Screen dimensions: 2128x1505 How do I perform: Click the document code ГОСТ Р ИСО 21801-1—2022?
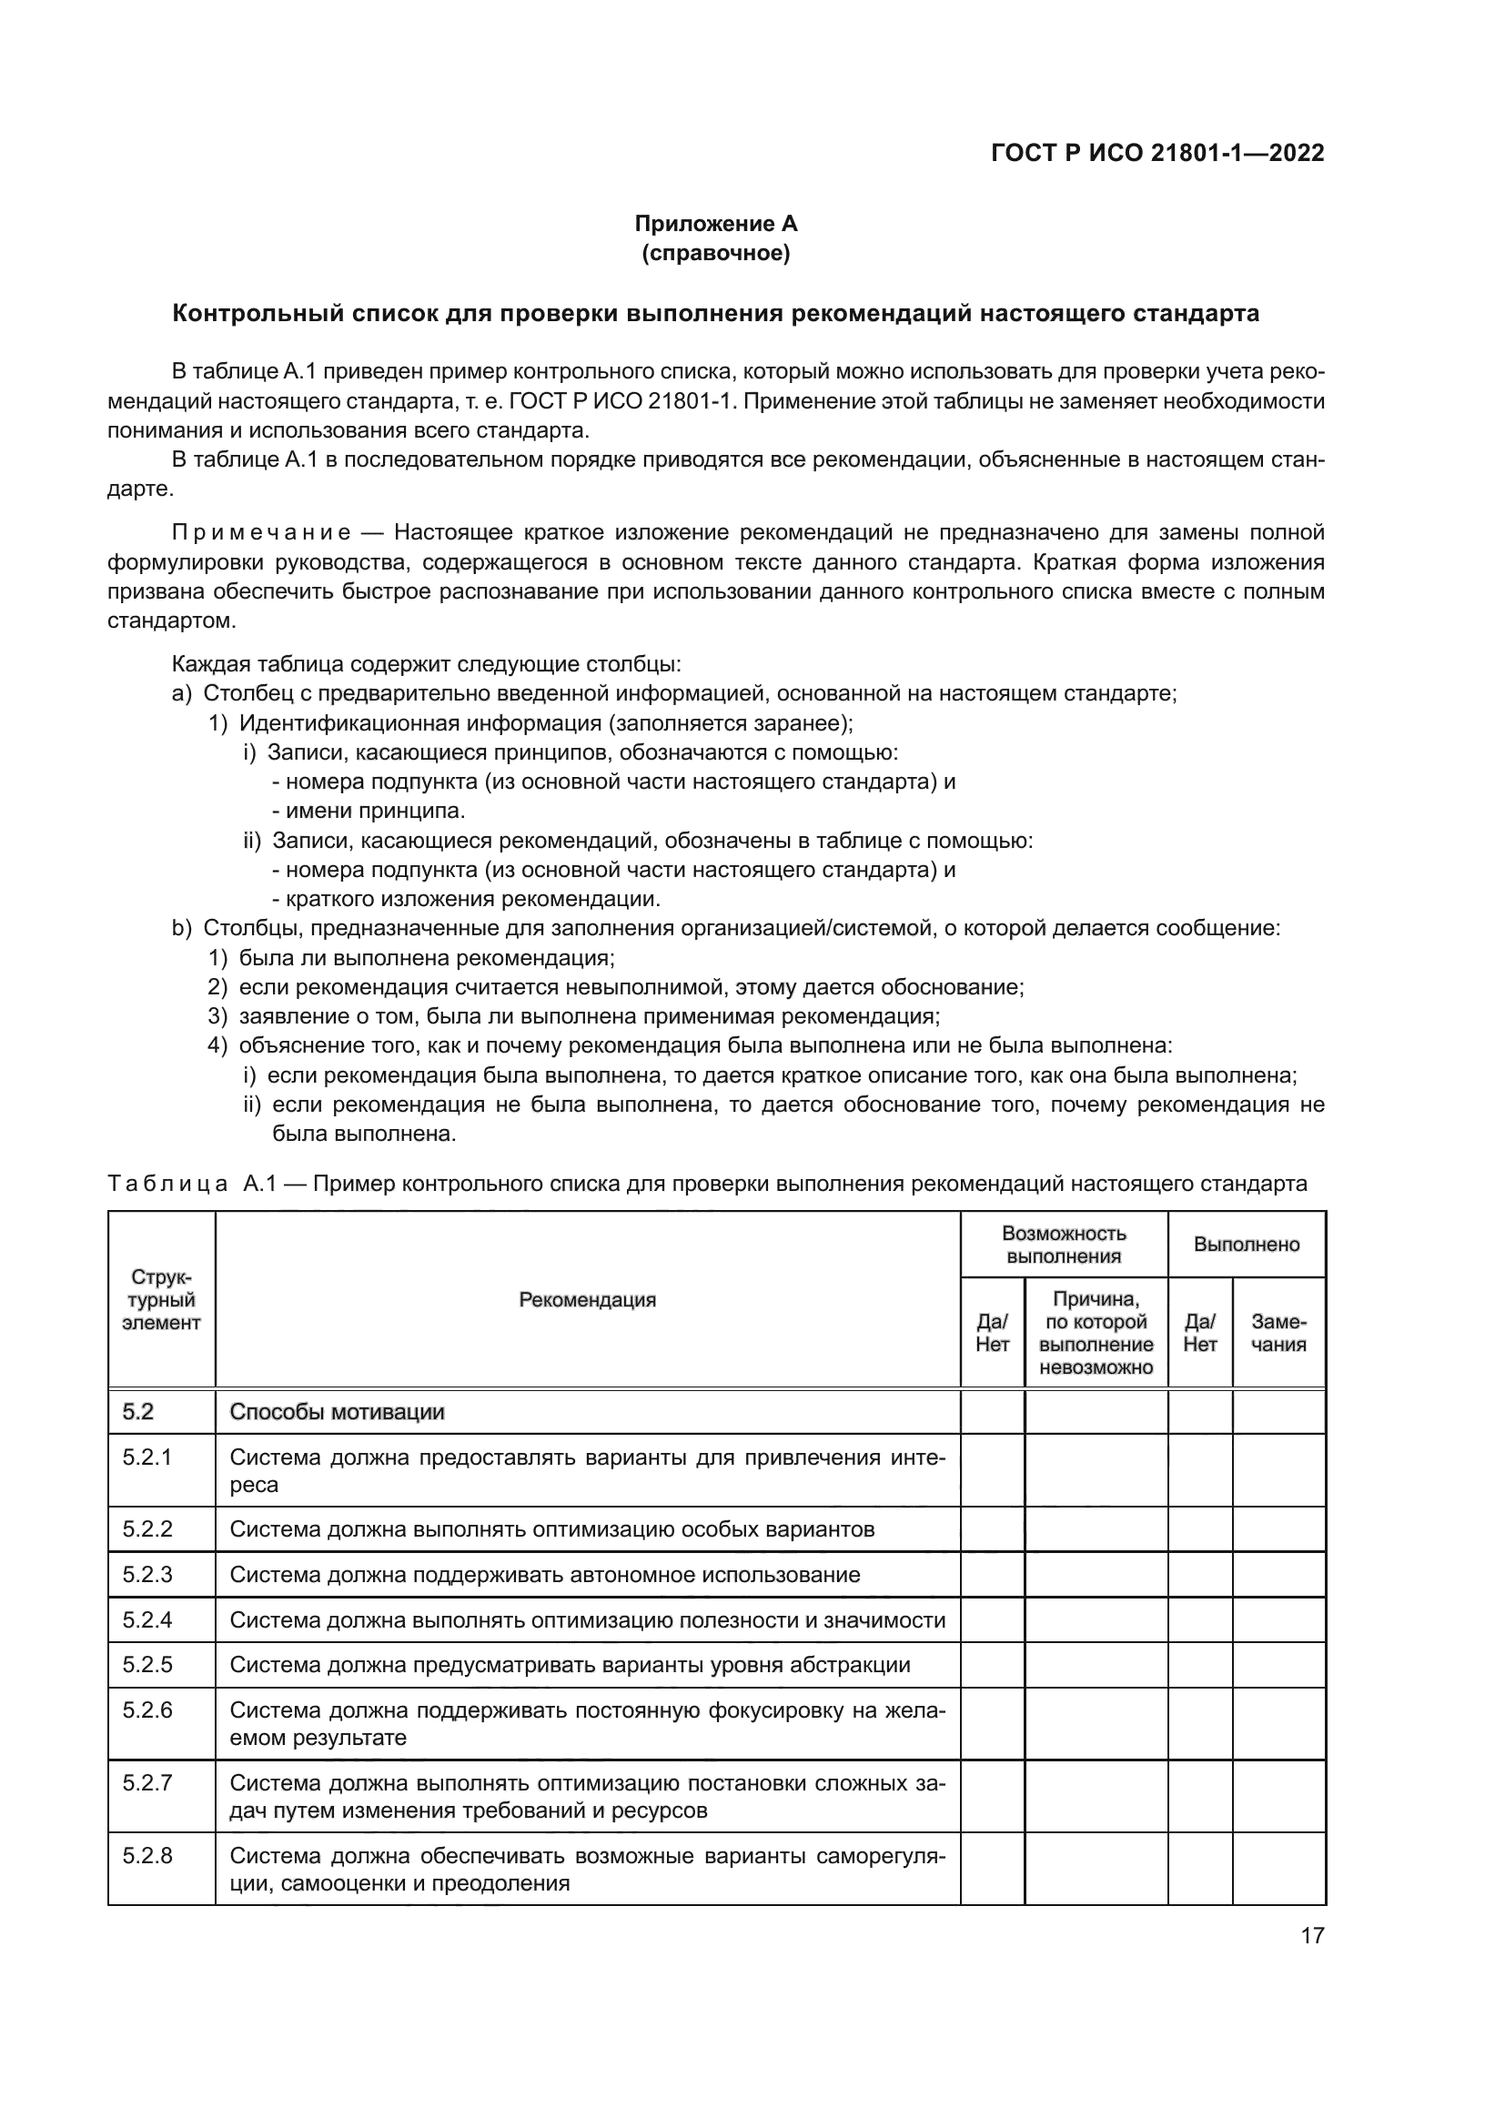point(1157,153)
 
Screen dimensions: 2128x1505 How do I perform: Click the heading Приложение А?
point(715,224)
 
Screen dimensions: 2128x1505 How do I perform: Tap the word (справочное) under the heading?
point(715,253)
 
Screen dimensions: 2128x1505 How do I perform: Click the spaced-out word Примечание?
point(261,532)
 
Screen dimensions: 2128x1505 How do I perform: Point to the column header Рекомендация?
point(588,1300)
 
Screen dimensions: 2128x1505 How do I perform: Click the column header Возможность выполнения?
point(1064,1245)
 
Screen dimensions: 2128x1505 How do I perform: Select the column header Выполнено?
point(1247,1245)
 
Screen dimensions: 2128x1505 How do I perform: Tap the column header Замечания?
point(1278,1334)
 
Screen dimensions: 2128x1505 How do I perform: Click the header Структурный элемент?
point(161,1300)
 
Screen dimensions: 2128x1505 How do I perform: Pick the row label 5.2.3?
point(147,1575)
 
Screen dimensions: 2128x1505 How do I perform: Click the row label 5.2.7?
point(147,1782)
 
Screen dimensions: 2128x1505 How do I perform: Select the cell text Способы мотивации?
point(338,1413)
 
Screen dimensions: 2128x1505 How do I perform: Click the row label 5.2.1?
point(147,1457)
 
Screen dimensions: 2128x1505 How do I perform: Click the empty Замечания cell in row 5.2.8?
point(1278,1869)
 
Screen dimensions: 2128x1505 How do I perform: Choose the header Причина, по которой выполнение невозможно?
point(1096,1334)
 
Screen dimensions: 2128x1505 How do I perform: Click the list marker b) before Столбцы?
point(182,928)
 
